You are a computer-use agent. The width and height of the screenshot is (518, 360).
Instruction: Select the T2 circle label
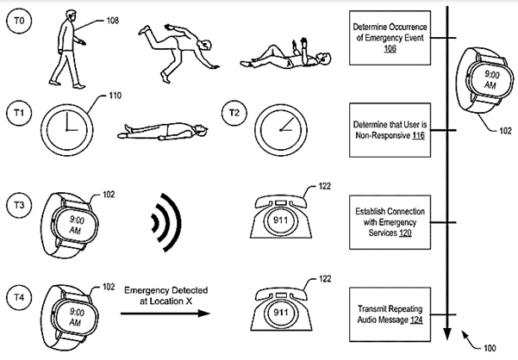(x=231, y=112)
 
